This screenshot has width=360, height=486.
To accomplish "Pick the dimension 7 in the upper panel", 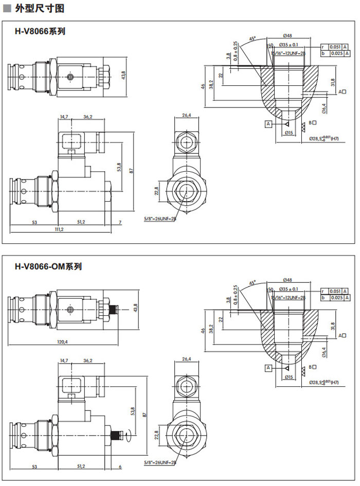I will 120,222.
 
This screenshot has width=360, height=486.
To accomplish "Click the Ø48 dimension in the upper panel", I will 287,36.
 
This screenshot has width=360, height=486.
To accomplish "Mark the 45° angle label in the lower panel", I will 252,283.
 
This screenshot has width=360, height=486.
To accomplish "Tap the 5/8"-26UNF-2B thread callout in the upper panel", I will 160,219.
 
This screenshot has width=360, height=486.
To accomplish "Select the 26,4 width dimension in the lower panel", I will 186,358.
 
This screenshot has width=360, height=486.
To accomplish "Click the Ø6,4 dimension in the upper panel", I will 324,109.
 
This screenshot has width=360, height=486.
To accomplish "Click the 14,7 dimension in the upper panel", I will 64,117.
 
